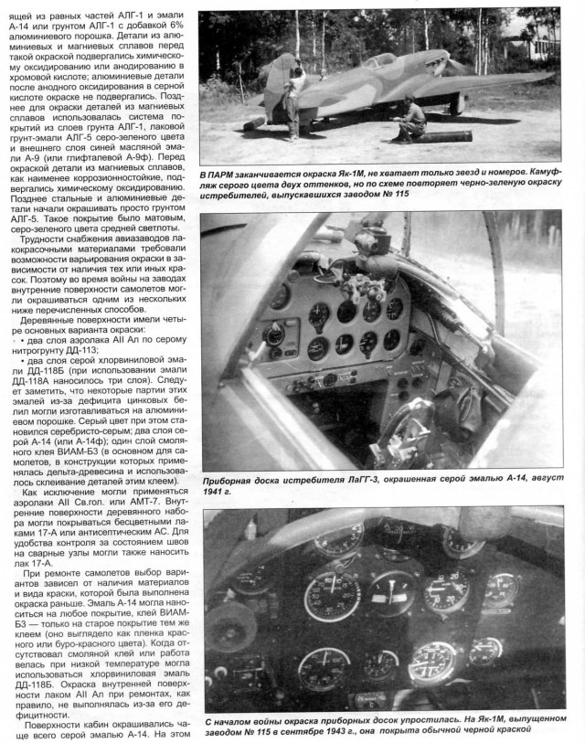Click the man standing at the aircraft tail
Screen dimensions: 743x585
click(293, 101)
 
